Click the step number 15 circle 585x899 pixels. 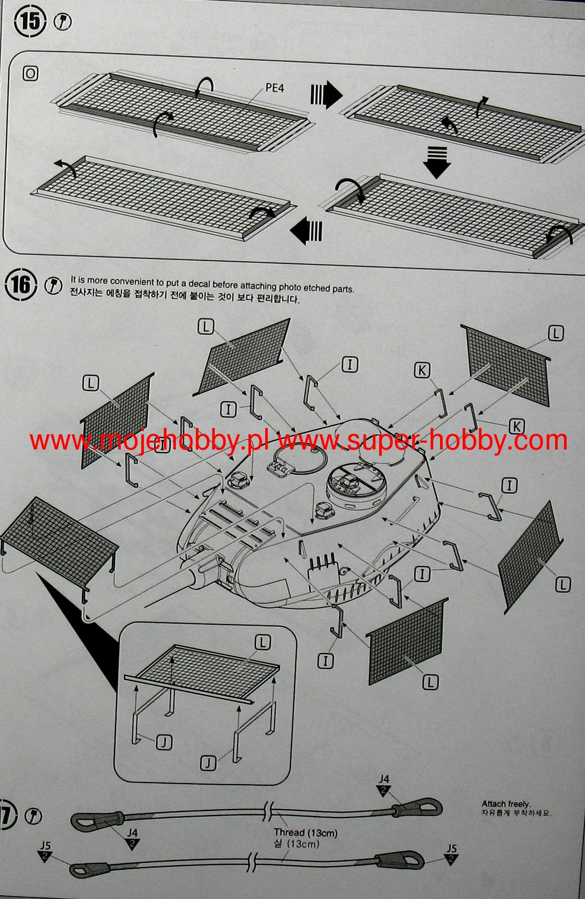(30, 22)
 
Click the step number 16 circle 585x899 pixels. (21, 285)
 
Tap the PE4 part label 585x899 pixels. (275, 88)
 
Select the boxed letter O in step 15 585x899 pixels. (30, 74)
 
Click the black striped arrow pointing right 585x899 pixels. (326, 95)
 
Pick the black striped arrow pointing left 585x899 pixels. (306, 231)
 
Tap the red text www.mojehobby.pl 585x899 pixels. (149, 441)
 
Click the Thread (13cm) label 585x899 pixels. (306, 832)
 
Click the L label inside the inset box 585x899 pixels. (263, 642)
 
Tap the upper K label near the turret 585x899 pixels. (422, 370)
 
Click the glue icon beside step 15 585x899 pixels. (63, 23)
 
